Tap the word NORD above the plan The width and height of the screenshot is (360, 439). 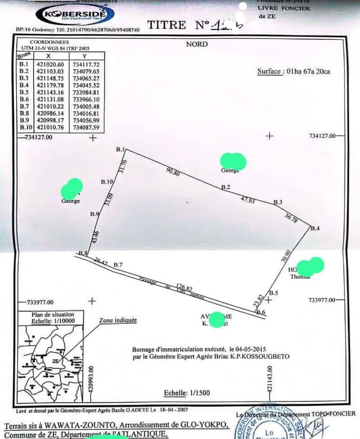tap(197, 44)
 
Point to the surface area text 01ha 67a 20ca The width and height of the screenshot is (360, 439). tap(306, 71)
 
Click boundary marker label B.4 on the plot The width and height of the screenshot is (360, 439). tap(315, 228)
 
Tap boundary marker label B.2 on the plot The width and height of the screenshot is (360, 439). tap(226, 187)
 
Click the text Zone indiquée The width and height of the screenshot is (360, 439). tap(118, 320)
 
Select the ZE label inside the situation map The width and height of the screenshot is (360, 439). tap(55, 361)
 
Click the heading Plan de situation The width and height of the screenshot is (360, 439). tap(53, 314)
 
